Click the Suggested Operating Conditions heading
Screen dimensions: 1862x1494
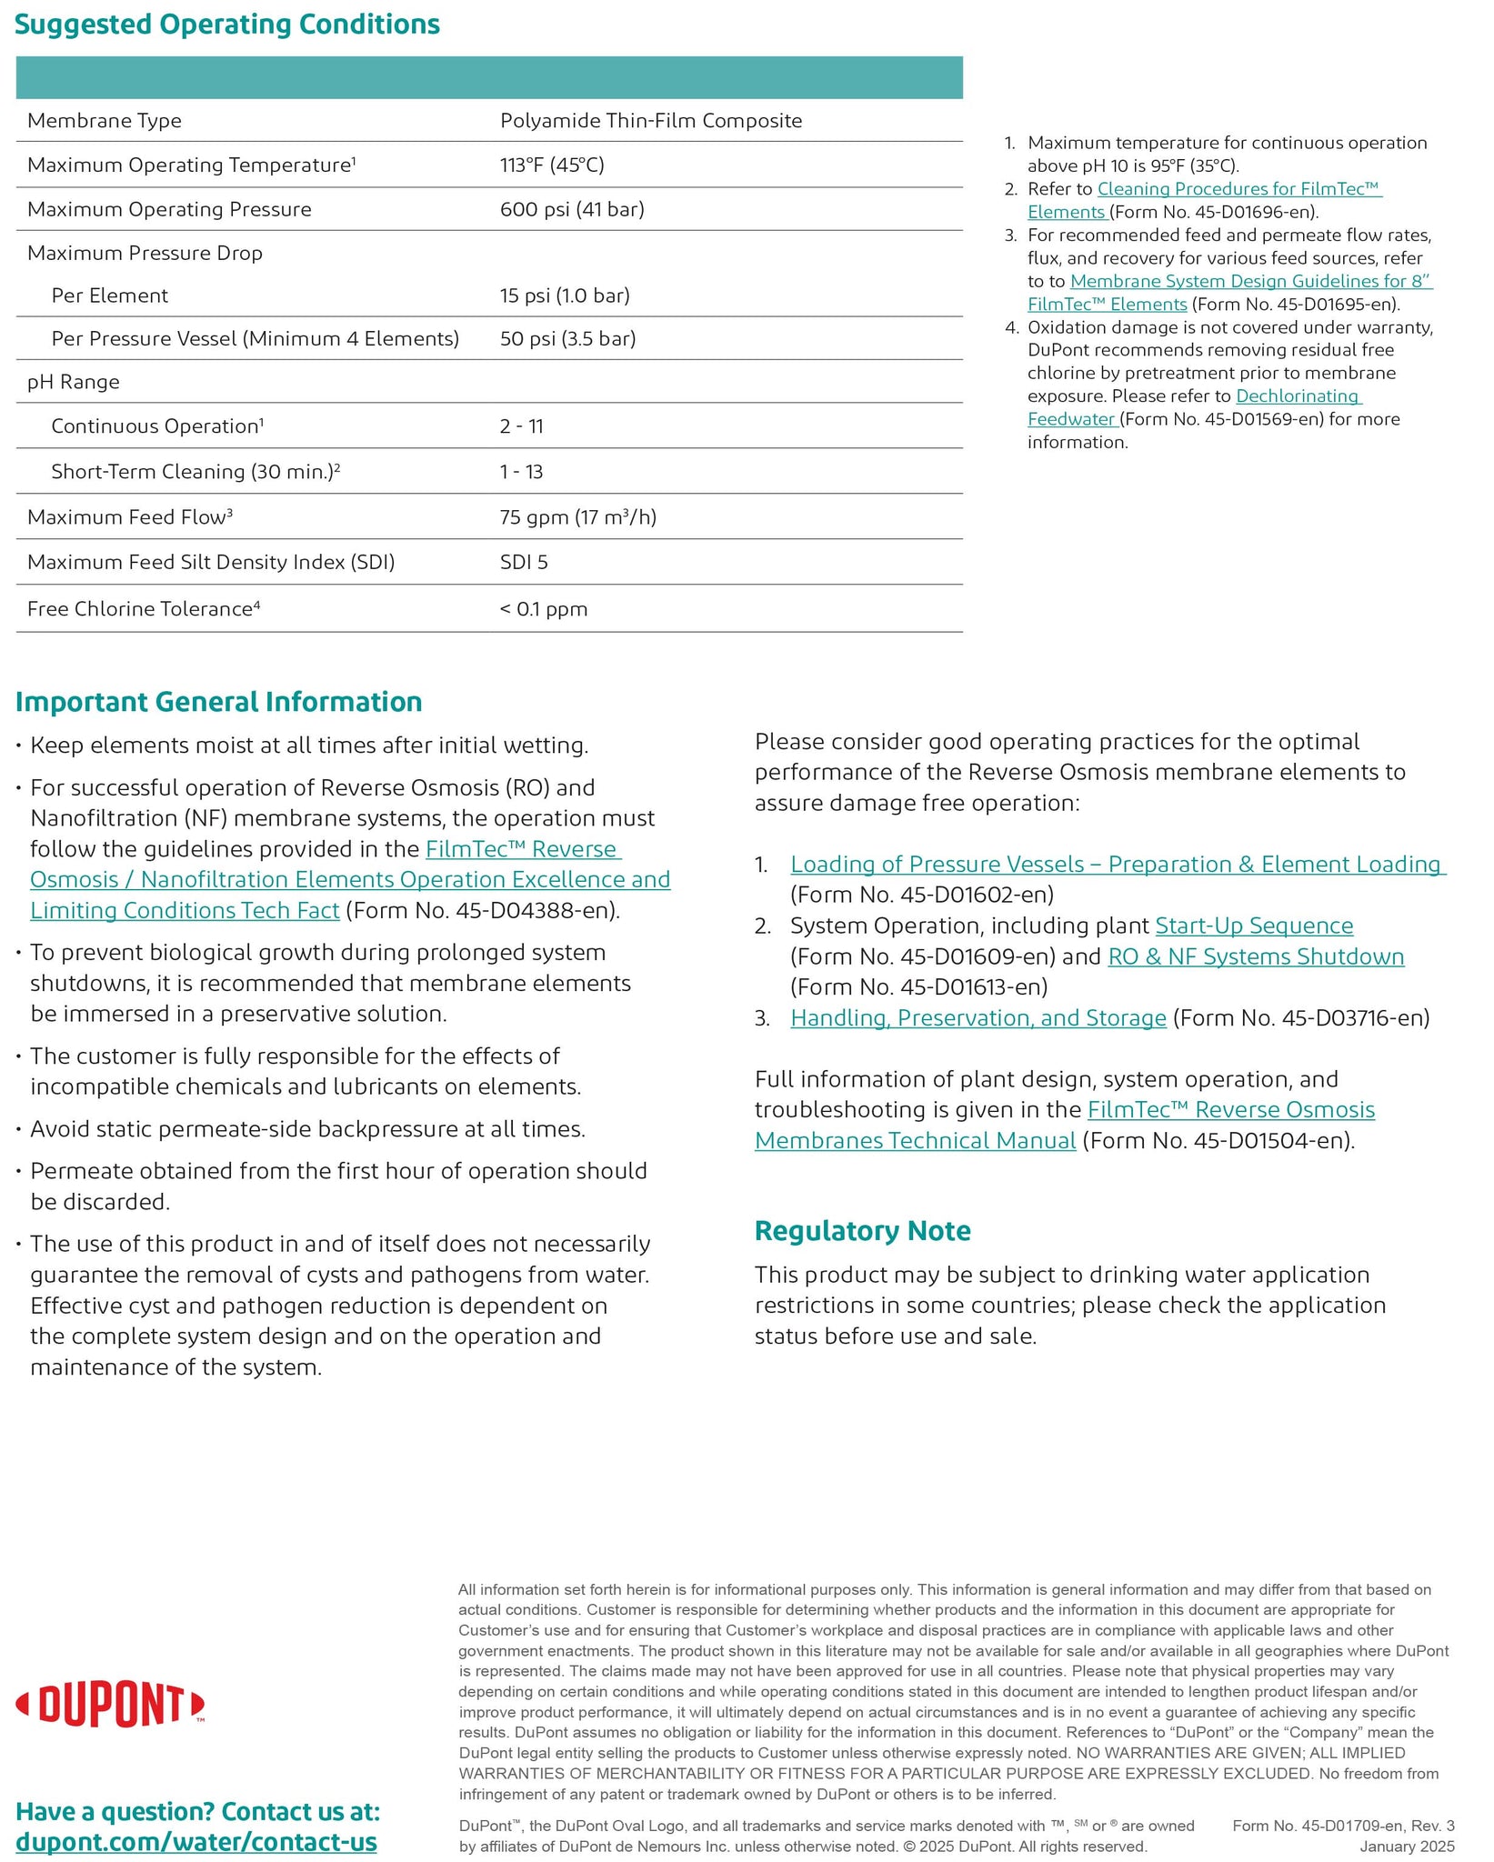tap(227, 25)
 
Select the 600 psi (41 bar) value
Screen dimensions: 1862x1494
tap(572, 209)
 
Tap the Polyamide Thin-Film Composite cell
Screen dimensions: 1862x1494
tap(651, 121)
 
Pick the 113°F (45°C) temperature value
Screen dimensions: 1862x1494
tap(552, 165)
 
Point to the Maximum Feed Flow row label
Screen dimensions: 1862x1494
tap(130, 516)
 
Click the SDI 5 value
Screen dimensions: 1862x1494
tap(524, 562)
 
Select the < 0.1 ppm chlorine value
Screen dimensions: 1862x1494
tap(544, 609)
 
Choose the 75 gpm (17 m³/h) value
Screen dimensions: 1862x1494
tap(577, 517)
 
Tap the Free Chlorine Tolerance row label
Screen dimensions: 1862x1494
tap(144, 608)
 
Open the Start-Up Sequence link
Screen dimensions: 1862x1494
tap(1254, 926)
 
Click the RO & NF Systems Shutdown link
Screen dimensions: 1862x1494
tap(1256, 956)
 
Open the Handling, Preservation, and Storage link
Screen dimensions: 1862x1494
tap(978, 1017)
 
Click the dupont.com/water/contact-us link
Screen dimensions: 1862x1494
tap(196, 1842)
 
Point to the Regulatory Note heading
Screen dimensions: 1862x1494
tap(863, 1230)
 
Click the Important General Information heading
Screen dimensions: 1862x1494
tap(219, 702)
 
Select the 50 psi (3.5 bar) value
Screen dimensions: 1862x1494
tap(567, 339)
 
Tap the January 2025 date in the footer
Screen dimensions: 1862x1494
tap(1407, 1846)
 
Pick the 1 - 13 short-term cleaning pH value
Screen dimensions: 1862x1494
tap(521, 472)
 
